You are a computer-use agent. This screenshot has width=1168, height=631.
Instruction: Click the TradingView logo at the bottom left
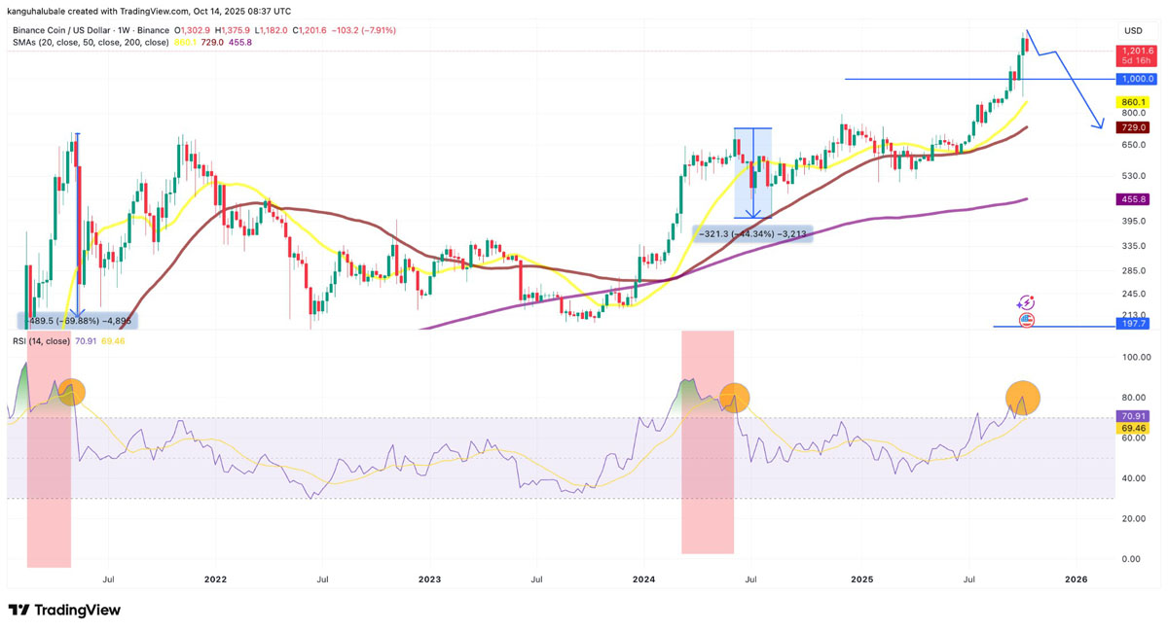click(64, 610)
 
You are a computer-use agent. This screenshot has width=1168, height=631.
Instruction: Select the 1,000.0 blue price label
click(1134, 79)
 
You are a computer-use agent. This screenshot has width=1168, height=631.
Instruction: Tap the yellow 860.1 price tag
click(1134, 102)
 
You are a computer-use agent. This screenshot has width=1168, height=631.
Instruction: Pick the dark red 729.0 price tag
click(1134, 127)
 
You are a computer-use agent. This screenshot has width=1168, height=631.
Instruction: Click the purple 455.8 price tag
click(1134, 199)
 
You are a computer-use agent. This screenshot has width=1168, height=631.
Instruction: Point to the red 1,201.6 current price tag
click(1135, 51)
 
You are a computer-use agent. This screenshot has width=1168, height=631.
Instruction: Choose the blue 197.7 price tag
click(1134, 324)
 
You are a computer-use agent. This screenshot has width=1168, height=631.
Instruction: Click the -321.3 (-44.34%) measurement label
click(752, 233)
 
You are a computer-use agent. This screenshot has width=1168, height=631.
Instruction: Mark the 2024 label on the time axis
click(643, 578)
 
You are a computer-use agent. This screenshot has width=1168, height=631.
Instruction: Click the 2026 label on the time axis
click(1076, 578)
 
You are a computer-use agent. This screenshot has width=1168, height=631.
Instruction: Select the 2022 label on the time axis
click(215, 578)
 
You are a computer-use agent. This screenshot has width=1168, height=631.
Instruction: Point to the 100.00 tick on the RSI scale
click(1133, 358)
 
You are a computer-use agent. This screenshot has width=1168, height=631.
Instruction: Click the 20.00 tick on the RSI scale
click(1133, 518)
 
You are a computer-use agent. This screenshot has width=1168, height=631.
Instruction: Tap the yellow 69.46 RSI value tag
click(1134, 428)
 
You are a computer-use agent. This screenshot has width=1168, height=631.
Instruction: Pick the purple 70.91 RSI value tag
click(1134, 415)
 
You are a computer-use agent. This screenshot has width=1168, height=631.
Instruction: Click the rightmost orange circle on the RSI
click(1022, 397)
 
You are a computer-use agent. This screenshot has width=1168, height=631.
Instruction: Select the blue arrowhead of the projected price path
click(1101, 124)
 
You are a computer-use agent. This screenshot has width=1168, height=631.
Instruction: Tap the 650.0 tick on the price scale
click(1133, 145)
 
